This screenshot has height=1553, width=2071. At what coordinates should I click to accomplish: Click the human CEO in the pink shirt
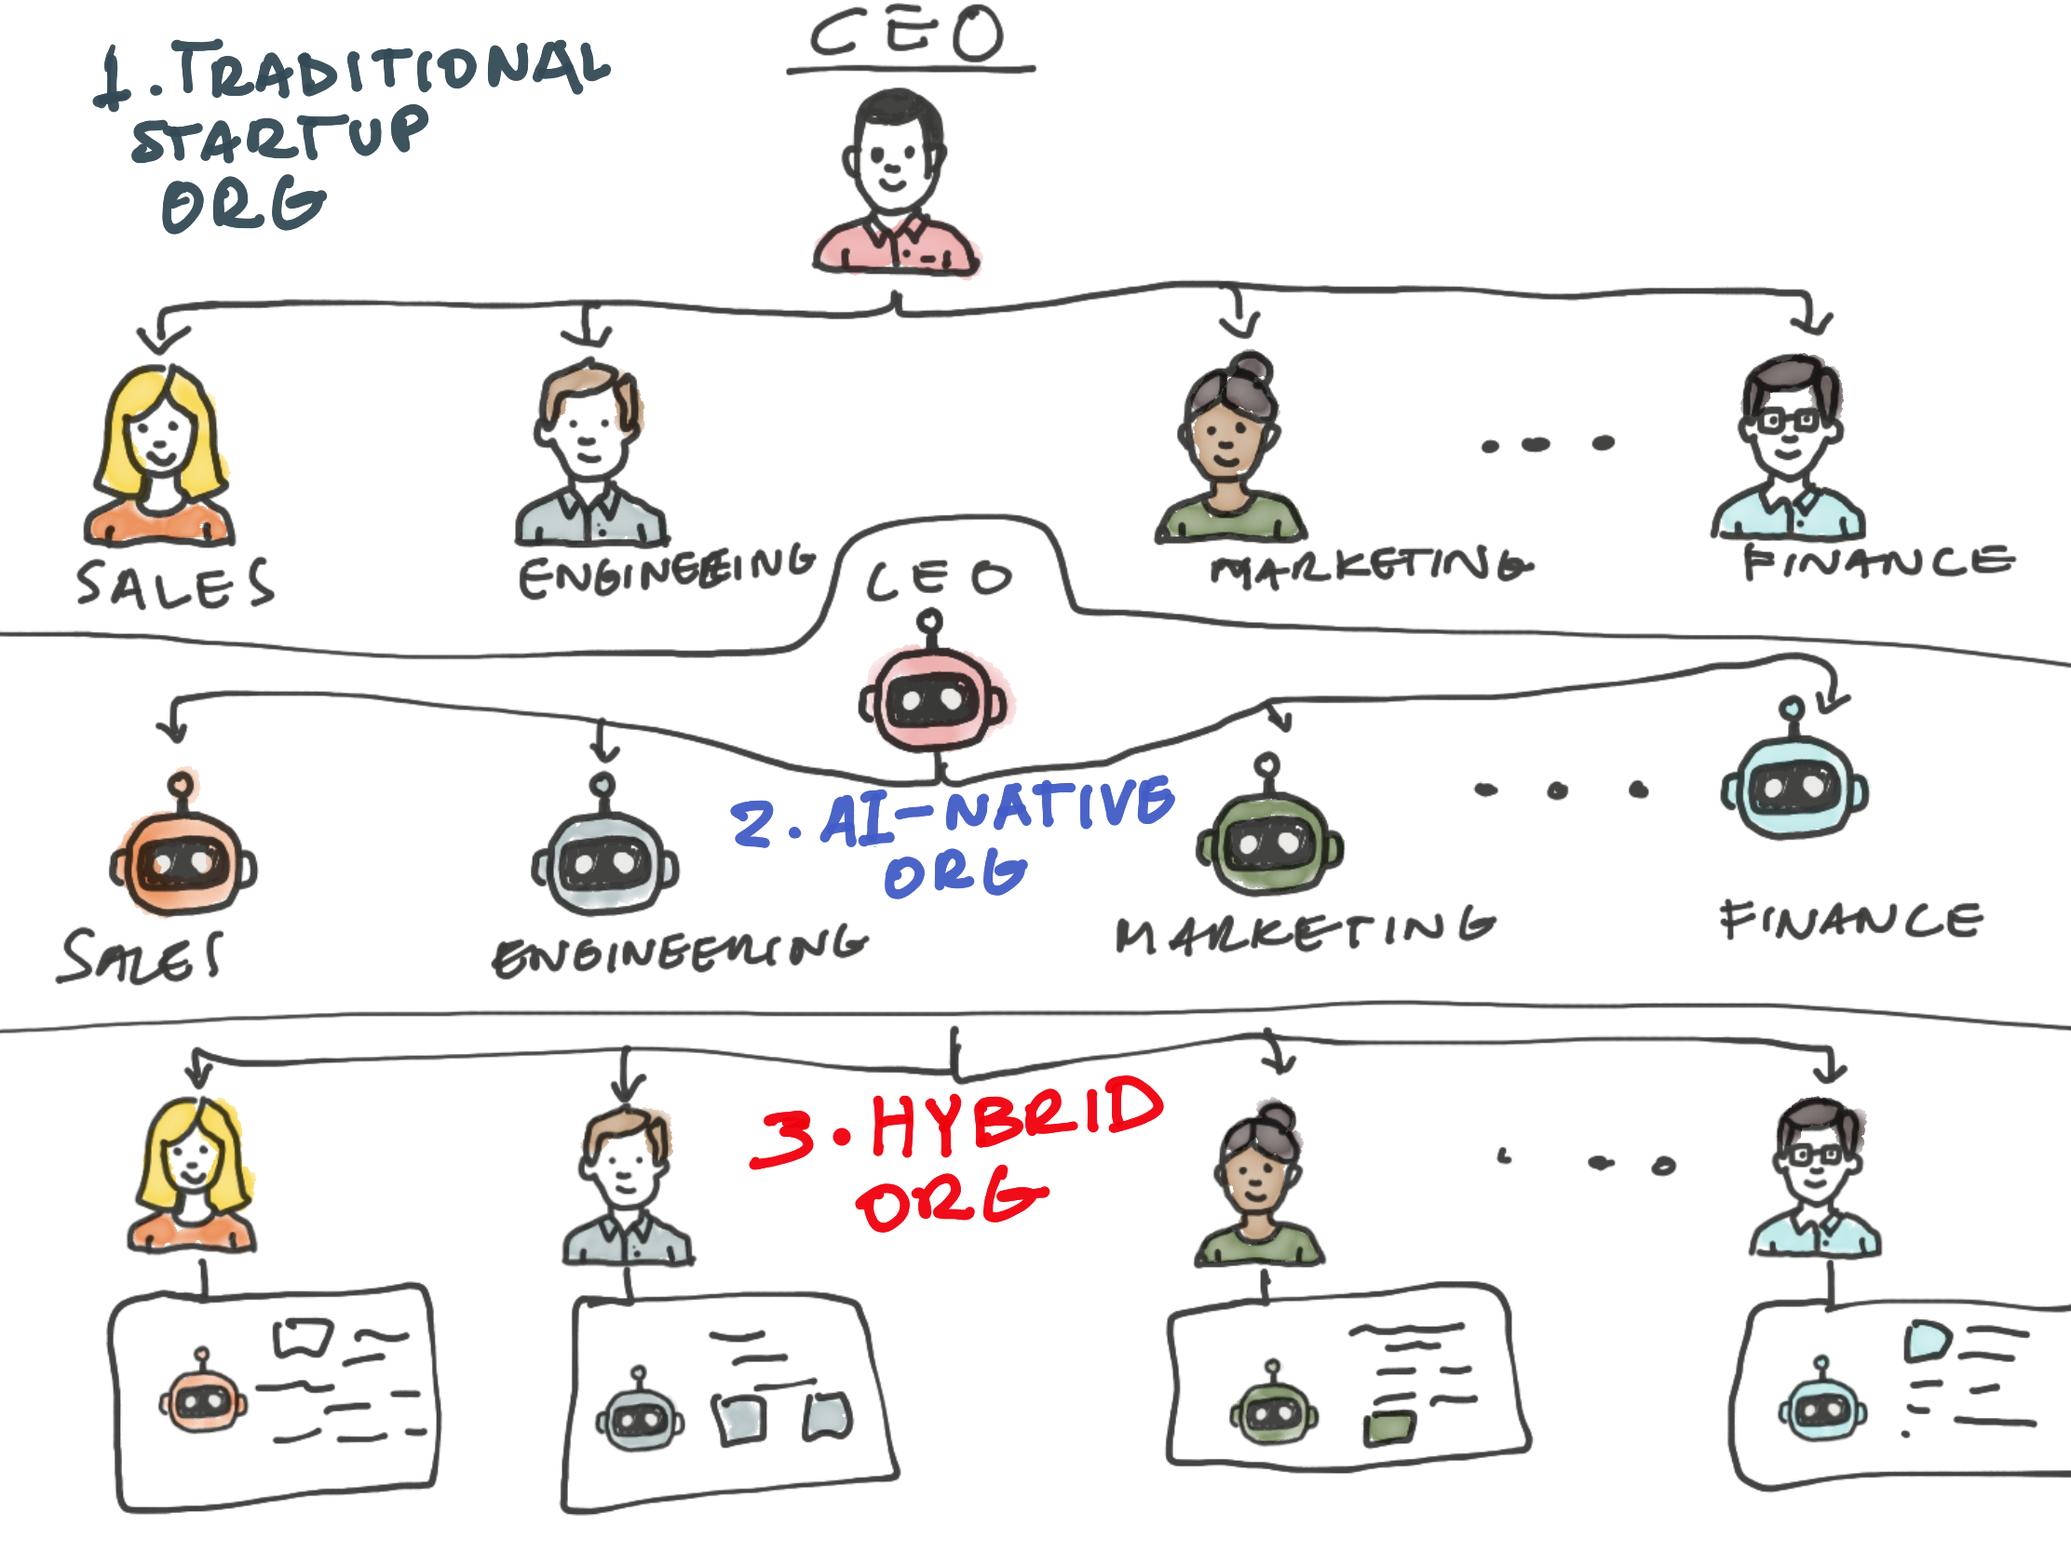[x=895, y=182]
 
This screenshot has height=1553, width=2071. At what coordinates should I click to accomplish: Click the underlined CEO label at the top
[x=907, y=34]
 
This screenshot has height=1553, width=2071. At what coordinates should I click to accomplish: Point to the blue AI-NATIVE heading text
[x=998, y=812]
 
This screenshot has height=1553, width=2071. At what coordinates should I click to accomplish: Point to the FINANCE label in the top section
[x=1878, y=563]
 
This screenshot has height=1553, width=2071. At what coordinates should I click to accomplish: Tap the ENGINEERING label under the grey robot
[x=680, y=952]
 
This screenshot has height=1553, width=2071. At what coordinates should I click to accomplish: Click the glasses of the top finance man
[x=1789, y=420]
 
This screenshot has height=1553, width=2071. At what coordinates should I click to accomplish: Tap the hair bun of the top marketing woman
[x=1252, y=369]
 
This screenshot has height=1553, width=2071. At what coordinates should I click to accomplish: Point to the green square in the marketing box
[x=1389, y=1428]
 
